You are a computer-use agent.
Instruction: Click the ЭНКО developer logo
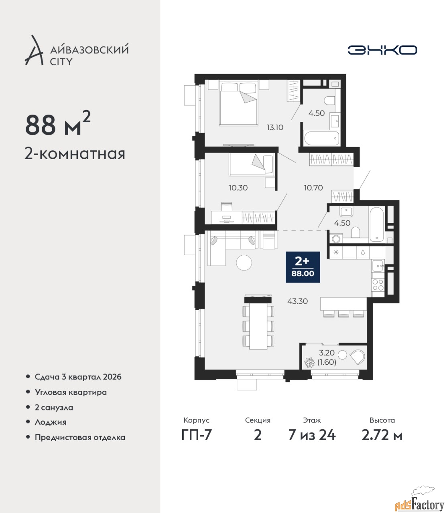point(382,50)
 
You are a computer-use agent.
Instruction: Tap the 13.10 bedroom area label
point(275,127)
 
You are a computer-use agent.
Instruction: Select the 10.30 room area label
point(238,188)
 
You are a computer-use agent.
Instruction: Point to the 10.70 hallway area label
point(313,188)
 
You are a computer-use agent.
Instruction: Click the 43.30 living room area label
point(297,301)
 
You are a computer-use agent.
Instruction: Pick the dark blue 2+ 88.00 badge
point(303,267)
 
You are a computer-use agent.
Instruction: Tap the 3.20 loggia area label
point(327,352)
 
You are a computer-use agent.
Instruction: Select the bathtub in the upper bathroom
point(322,138)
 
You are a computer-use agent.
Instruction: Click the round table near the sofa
point(244,263)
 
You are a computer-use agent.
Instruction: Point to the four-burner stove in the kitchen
point(378,285)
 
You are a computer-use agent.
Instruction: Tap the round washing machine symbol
point(336,239)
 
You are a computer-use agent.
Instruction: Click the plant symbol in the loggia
point(309,362)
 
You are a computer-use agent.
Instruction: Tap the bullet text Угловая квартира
point(71,392)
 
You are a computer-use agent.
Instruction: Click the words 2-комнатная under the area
point(75,154)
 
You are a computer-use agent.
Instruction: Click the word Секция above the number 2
point(258,420)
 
